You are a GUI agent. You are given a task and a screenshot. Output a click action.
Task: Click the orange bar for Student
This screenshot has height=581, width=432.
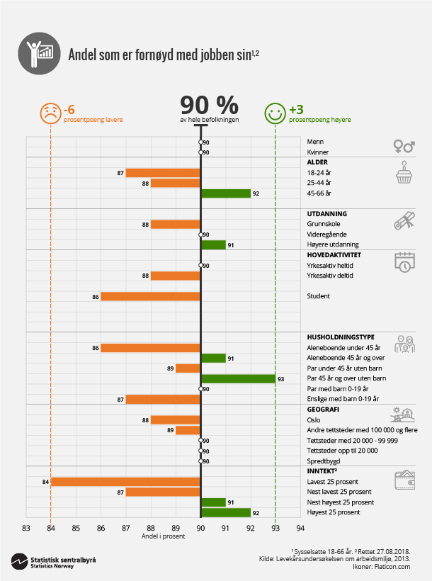151,296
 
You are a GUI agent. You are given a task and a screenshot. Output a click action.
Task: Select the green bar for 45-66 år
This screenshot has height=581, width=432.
226,193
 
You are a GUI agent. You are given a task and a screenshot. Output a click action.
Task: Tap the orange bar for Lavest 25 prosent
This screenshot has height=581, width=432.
126,482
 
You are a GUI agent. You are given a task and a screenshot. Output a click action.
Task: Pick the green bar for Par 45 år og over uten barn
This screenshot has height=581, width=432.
239,379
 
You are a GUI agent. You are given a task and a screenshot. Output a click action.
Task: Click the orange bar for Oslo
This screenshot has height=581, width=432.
176,420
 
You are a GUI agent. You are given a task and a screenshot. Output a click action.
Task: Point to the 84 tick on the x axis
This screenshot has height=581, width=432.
51,527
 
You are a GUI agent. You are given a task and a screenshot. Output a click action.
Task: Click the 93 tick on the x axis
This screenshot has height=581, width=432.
275,527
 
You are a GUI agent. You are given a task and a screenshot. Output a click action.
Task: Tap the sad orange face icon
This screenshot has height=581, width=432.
50,113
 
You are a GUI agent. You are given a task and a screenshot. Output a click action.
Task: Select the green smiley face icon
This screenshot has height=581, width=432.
275,113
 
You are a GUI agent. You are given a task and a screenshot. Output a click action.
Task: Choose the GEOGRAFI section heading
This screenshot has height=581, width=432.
323,410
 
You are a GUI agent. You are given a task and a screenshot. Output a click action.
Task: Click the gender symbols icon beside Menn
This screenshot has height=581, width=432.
404,146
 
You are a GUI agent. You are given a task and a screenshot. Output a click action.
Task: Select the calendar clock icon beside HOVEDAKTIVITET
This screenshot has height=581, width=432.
404,261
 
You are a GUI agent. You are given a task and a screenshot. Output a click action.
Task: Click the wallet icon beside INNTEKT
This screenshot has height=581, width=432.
404,479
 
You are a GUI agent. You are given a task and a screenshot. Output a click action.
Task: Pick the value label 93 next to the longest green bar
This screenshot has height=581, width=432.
281,379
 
